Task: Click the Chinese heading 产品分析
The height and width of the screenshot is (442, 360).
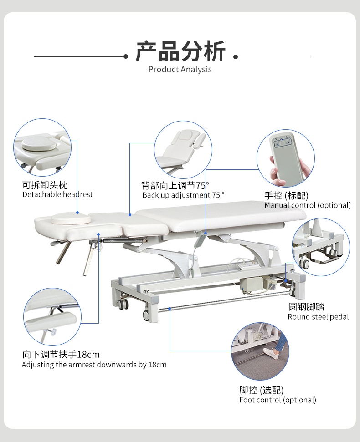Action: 180,51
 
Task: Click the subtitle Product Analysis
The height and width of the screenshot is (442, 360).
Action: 180,70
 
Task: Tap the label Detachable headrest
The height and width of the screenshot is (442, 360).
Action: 57,195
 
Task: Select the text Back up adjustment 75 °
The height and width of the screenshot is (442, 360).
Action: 183,195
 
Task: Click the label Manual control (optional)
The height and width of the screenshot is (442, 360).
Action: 308,205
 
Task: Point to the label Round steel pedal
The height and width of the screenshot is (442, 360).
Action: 318,317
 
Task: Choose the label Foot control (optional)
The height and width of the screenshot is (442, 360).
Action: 278,400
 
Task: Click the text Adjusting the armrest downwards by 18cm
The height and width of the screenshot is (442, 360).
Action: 94,365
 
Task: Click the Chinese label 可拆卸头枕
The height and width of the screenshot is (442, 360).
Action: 45,185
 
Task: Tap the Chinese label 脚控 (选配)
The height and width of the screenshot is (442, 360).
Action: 261,390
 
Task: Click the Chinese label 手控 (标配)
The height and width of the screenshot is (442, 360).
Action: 286,196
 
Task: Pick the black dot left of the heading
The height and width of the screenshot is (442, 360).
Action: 126,57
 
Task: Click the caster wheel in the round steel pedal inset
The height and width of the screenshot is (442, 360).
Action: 304,263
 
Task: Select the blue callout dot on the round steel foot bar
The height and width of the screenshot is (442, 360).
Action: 170,309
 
